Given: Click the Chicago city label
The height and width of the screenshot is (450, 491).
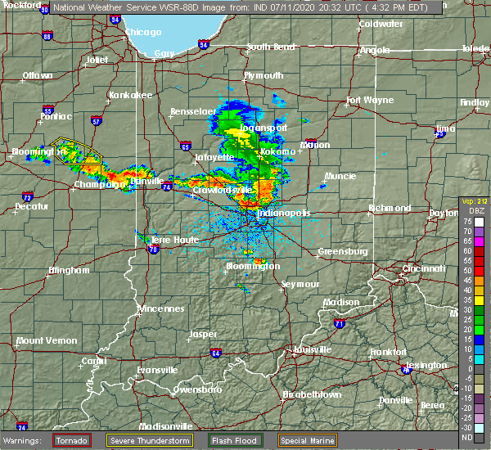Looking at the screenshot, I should point(142,33).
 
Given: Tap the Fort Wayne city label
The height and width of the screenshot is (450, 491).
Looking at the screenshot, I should point(365,101).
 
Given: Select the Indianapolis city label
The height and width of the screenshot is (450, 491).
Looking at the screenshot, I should point(284,213).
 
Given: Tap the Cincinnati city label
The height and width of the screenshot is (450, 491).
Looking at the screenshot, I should point(425,268).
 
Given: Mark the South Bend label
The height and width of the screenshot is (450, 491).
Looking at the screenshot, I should point(270,47).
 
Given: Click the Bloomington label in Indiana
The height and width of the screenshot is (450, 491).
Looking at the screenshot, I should point(253,266).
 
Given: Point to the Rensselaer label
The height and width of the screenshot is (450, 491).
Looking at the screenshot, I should point(192,111).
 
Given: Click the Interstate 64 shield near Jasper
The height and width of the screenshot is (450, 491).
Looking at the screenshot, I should point(216,353).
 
